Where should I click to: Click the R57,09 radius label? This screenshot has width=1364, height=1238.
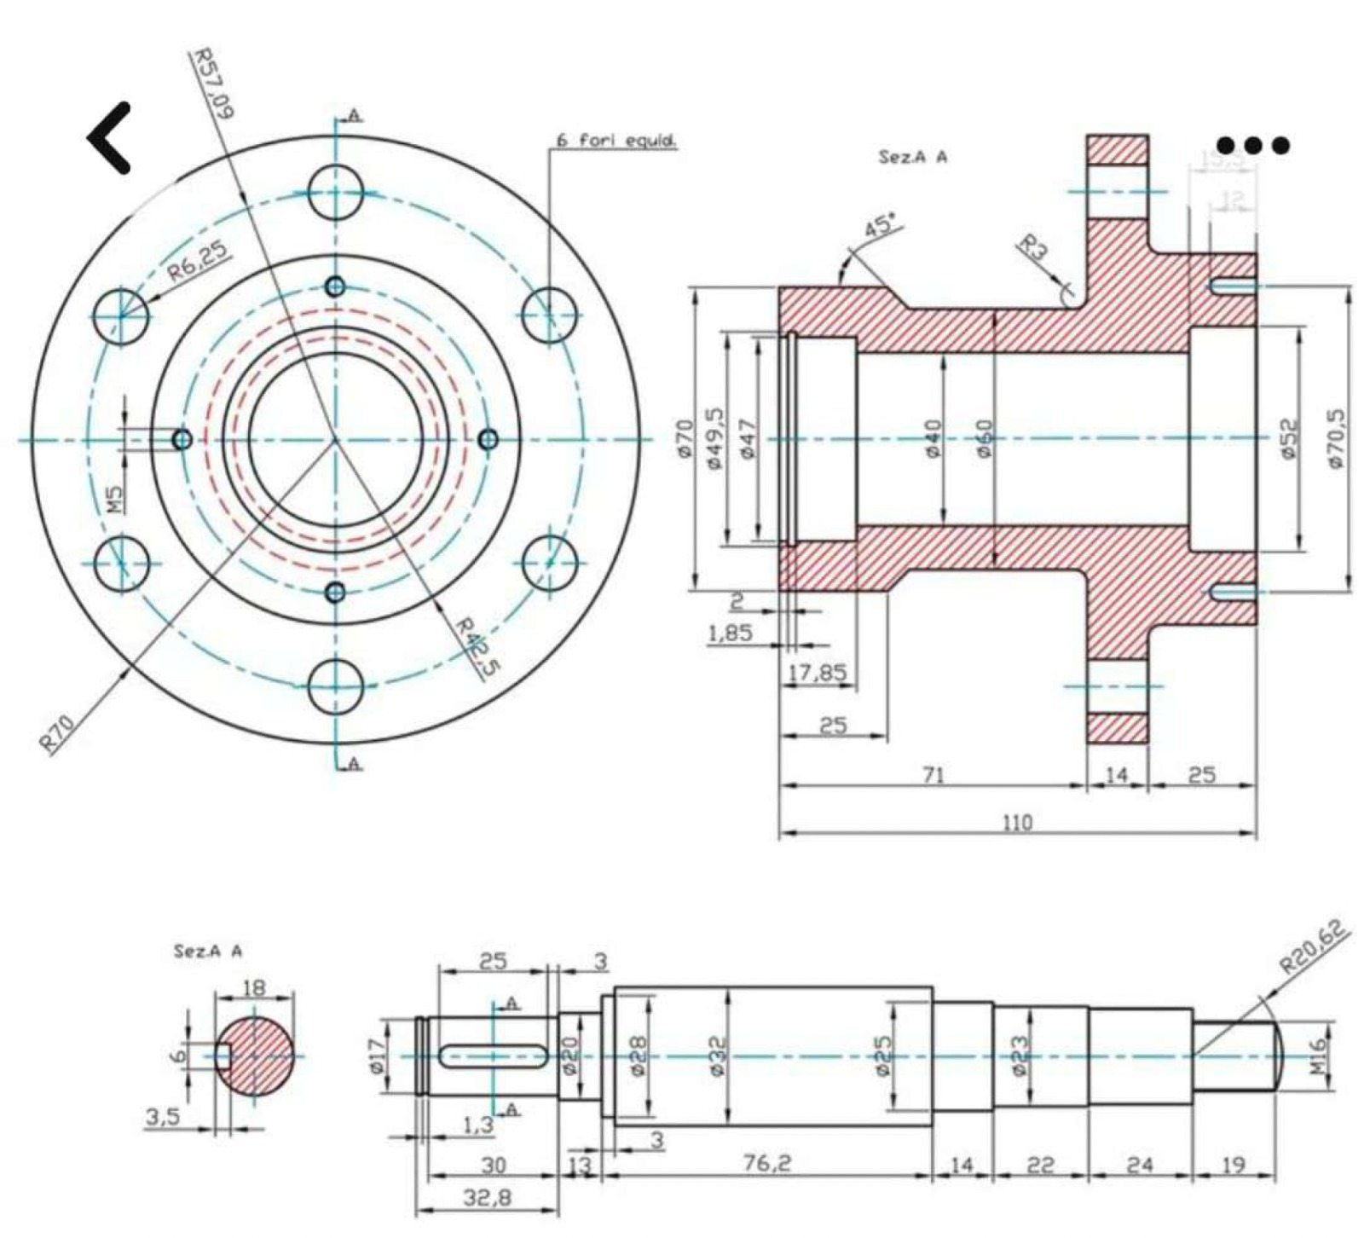(x=212, y=83)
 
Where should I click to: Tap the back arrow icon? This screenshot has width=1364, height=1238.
(x=111, y=137)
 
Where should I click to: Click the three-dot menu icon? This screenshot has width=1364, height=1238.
(x=1252, y=146)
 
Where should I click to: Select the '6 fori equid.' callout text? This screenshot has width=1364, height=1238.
(x=616, y=142)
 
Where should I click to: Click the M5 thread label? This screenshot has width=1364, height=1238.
(x=117, y=499)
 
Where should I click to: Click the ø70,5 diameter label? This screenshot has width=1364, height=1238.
(x=1338, y=437)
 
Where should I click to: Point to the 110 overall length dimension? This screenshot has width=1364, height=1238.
(x=1017, y=822)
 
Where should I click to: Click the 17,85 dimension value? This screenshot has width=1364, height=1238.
(x=817, y=673)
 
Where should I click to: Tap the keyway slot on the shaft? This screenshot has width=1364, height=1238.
(x=493, y=1056)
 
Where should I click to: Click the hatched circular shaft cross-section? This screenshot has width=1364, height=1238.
(x=255, y=1056)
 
